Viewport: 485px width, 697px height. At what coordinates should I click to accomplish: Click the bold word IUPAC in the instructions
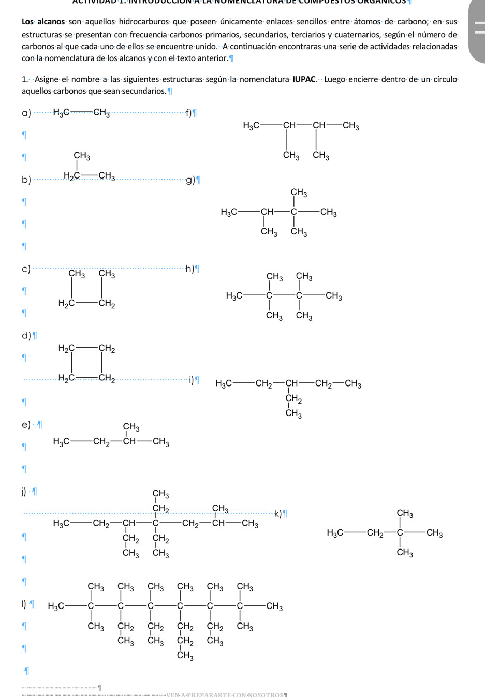[304, 79]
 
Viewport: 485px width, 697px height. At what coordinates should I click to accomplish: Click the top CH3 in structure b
[81, 155]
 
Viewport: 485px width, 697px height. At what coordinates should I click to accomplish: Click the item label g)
[189, 180]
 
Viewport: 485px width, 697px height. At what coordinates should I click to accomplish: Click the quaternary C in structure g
[294, 212]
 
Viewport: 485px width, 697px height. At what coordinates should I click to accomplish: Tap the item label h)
[189, 269]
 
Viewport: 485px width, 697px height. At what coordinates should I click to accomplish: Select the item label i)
[191, 381]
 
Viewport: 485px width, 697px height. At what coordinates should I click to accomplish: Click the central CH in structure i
[292, 384]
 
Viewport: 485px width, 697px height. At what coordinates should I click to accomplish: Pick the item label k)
[277, 513]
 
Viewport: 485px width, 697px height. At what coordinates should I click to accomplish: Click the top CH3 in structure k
[405, 513]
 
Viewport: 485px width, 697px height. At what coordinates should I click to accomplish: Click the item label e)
[26, 425]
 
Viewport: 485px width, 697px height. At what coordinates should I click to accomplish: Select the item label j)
[23, 491]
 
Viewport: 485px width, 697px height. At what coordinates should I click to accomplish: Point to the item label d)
[26, 336]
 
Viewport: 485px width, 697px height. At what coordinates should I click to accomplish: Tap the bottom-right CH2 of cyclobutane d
[107, 378]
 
